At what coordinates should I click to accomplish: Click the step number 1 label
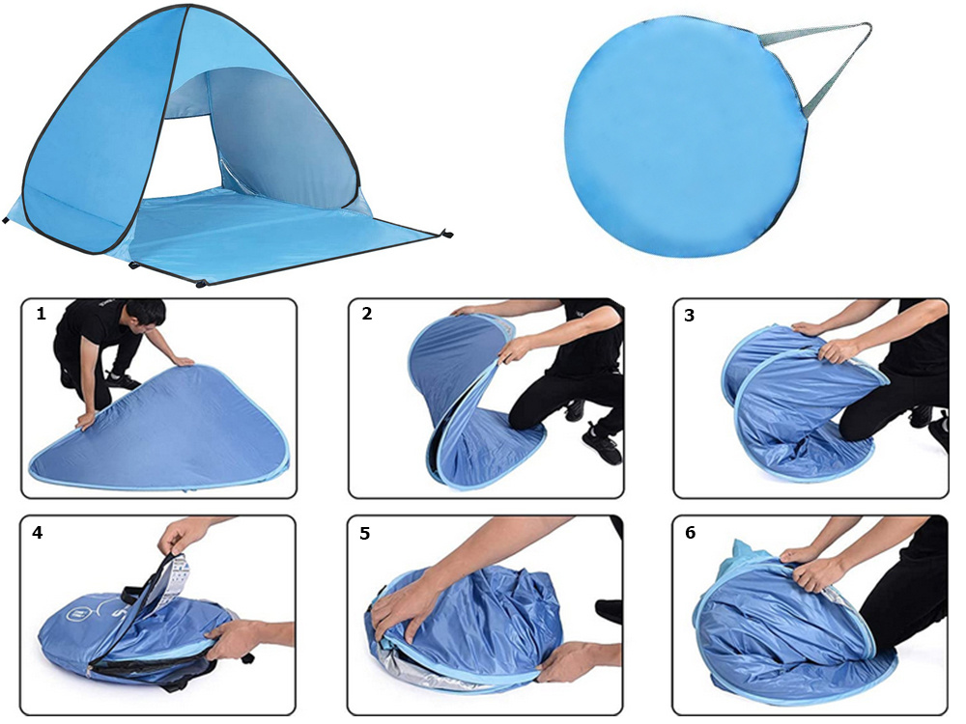click(42, 314)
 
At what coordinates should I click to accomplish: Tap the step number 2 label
click(367, 314)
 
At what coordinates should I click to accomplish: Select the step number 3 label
click(690, 316)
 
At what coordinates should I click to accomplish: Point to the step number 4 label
click(38, 533)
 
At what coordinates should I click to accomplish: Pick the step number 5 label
click(365, 533)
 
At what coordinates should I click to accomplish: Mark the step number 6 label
click(690, 533)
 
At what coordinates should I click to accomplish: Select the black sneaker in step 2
click(603, 442)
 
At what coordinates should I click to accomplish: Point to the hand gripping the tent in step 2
click(513, 351)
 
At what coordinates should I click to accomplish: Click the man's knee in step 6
click(875, 622)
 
